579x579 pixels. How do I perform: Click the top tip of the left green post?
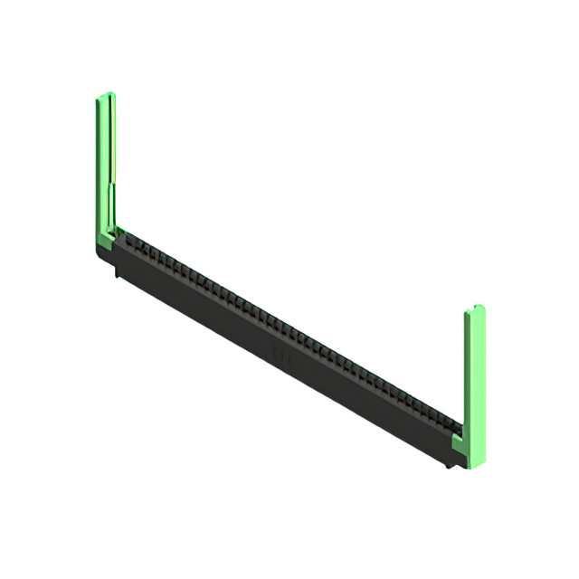105,95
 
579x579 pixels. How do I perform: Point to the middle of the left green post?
105,167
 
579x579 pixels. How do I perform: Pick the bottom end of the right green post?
476,462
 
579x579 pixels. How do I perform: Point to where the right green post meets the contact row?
458,430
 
